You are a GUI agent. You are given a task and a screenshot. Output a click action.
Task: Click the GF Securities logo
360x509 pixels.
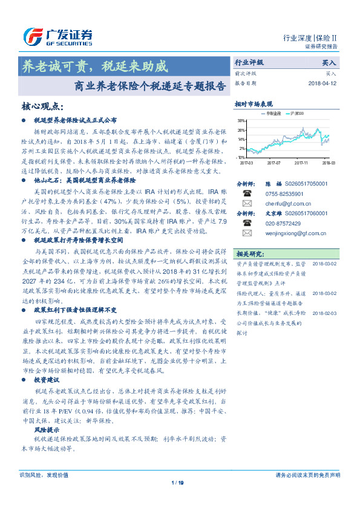point(57,36)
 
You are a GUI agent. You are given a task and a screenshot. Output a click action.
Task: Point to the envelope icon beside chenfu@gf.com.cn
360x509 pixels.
point(247,204)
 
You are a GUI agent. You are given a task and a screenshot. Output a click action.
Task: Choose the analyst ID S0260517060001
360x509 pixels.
point(306,213)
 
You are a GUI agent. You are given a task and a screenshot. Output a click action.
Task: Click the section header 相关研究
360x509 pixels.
point(249,253)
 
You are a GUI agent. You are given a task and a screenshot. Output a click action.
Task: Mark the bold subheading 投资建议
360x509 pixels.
point(47,380)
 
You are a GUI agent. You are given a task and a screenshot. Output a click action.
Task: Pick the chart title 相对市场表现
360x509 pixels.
point(254,104)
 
